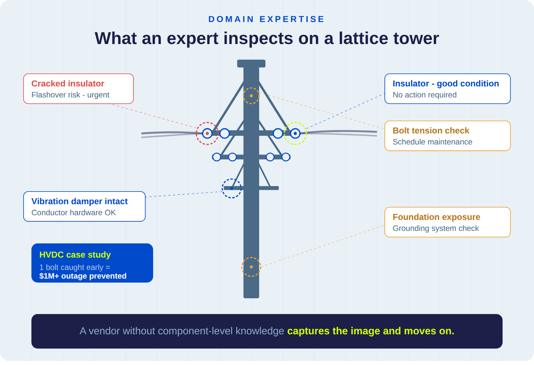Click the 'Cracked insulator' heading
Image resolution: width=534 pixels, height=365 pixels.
(x=68, y=83)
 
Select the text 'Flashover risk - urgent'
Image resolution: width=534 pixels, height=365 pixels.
(x=70, y=95)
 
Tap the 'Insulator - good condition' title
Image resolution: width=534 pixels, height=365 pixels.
(x=446, y=83)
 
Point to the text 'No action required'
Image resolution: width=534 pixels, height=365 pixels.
(x=425, y=95)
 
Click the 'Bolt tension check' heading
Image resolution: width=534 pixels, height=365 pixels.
(x=431, y=130)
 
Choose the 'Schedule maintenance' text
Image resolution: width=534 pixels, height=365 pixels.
(x=432, y=142)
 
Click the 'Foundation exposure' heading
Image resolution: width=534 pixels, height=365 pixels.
(x=436, y=217)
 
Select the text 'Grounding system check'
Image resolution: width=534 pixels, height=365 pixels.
(x=436, y=228)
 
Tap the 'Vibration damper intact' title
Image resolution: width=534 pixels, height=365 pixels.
(x=79, y=201)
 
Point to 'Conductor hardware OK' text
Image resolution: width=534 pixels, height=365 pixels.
(x=73, y=213)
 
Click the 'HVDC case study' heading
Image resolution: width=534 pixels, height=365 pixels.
(x=75, y=255)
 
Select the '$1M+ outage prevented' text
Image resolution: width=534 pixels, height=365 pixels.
(x=83, y=276)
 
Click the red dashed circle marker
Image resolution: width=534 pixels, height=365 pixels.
(x=207, y=133)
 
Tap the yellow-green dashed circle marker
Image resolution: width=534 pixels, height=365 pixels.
(x=295, y=133)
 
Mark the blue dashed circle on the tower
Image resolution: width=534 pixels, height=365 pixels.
(x=232, y=188)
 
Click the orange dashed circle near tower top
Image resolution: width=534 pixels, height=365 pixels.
(x=251, y=96)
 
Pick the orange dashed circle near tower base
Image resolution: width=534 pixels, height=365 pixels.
(x=251, y=267)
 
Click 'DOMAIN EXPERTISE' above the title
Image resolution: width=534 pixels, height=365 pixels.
(x=266, y=19)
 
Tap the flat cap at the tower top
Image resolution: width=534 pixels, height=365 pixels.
(x=251, y=63)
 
